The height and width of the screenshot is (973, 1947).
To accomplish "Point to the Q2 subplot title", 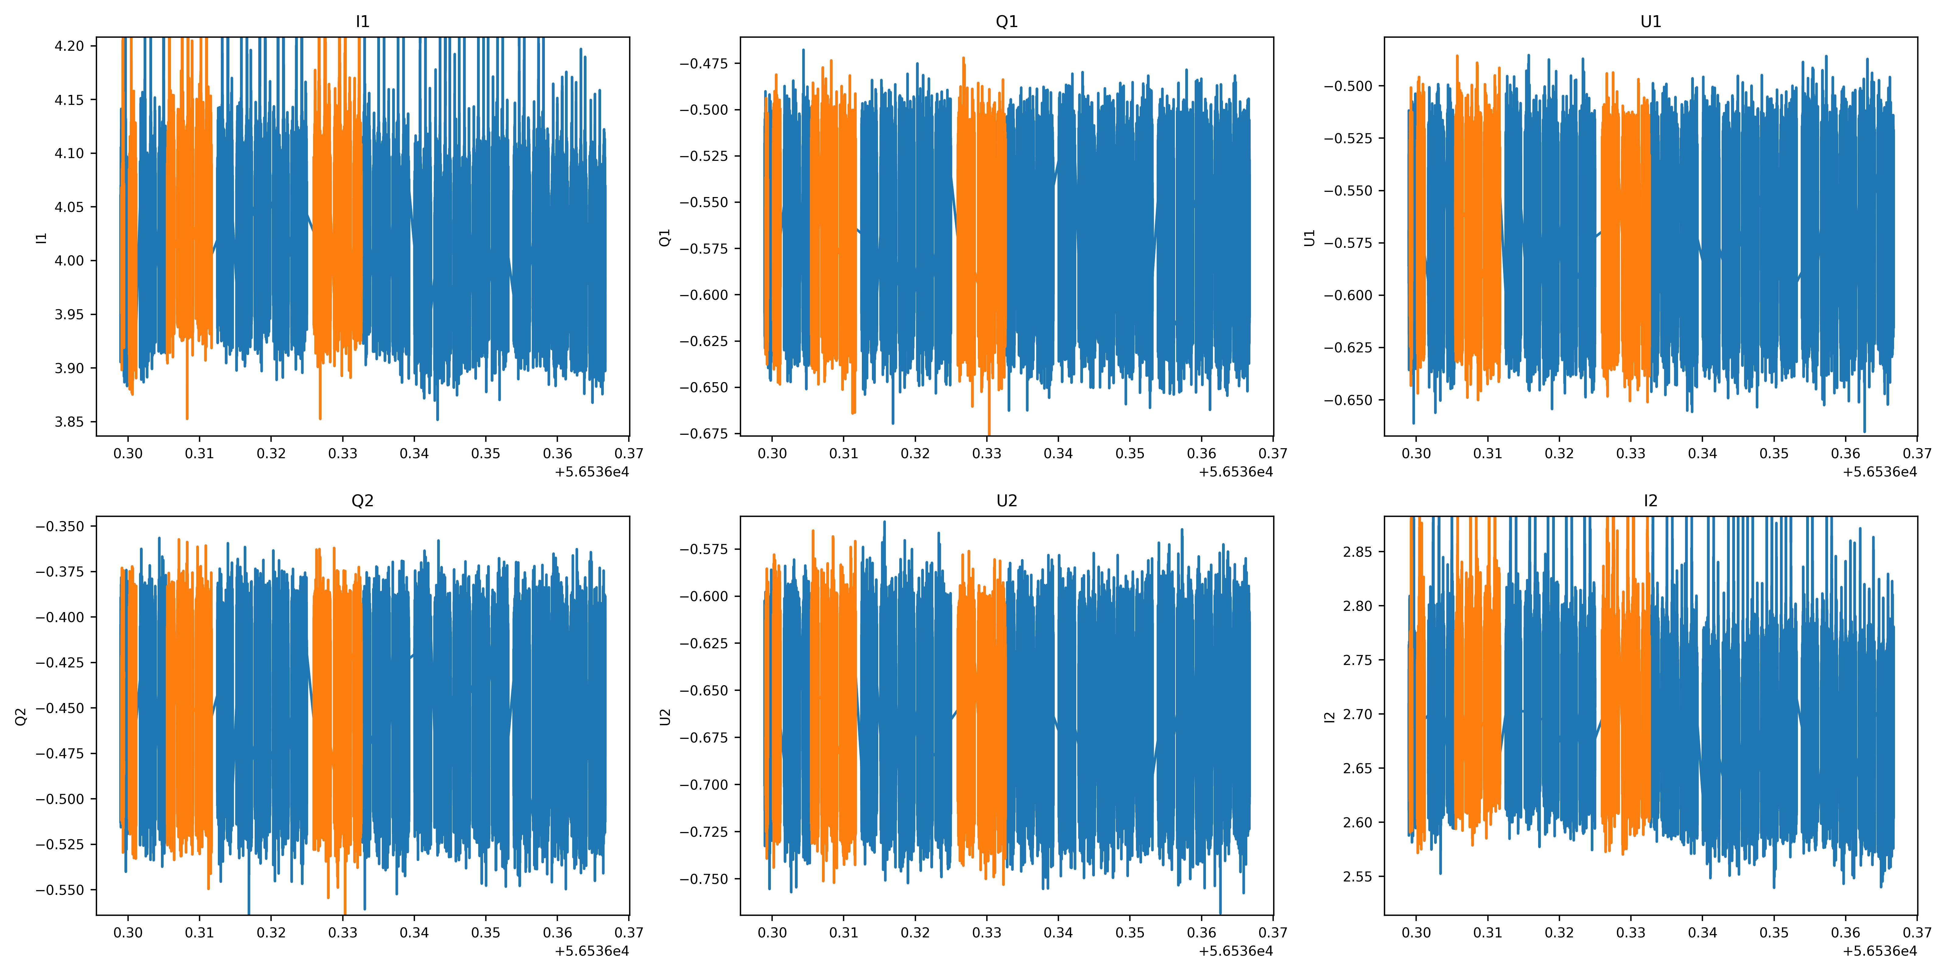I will click(x=363, y=501).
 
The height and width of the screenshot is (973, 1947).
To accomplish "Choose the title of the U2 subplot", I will click(x=1007, y=501).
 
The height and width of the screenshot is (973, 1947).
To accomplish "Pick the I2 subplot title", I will click(x=1651, y=501).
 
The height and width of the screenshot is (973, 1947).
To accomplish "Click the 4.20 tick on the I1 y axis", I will click(x=70, y=46).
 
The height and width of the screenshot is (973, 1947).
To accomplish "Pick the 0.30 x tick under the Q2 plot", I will click(x=128, y=932).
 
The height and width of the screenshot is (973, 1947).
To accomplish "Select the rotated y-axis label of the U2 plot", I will click(x=665, y=716).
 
